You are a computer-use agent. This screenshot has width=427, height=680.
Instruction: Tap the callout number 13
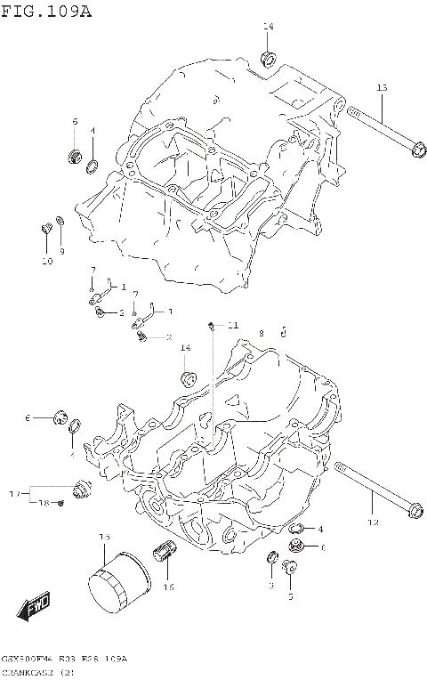tap(383, 88)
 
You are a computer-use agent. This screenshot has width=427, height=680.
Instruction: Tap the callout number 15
tap(103, 537)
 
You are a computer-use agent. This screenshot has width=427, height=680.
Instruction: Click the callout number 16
tap(169, 587)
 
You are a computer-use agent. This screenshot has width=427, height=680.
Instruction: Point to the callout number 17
tap(14, 493)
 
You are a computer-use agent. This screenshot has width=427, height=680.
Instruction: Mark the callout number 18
tap(42, 504)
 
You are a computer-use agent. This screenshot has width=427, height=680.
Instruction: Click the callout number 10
tap(46, 261)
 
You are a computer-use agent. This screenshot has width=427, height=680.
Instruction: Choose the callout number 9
tap(62, 252)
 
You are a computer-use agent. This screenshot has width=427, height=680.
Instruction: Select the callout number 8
tap(262, 332)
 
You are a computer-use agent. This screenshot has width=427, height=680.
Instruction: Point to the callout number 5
tap(290, 597)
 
